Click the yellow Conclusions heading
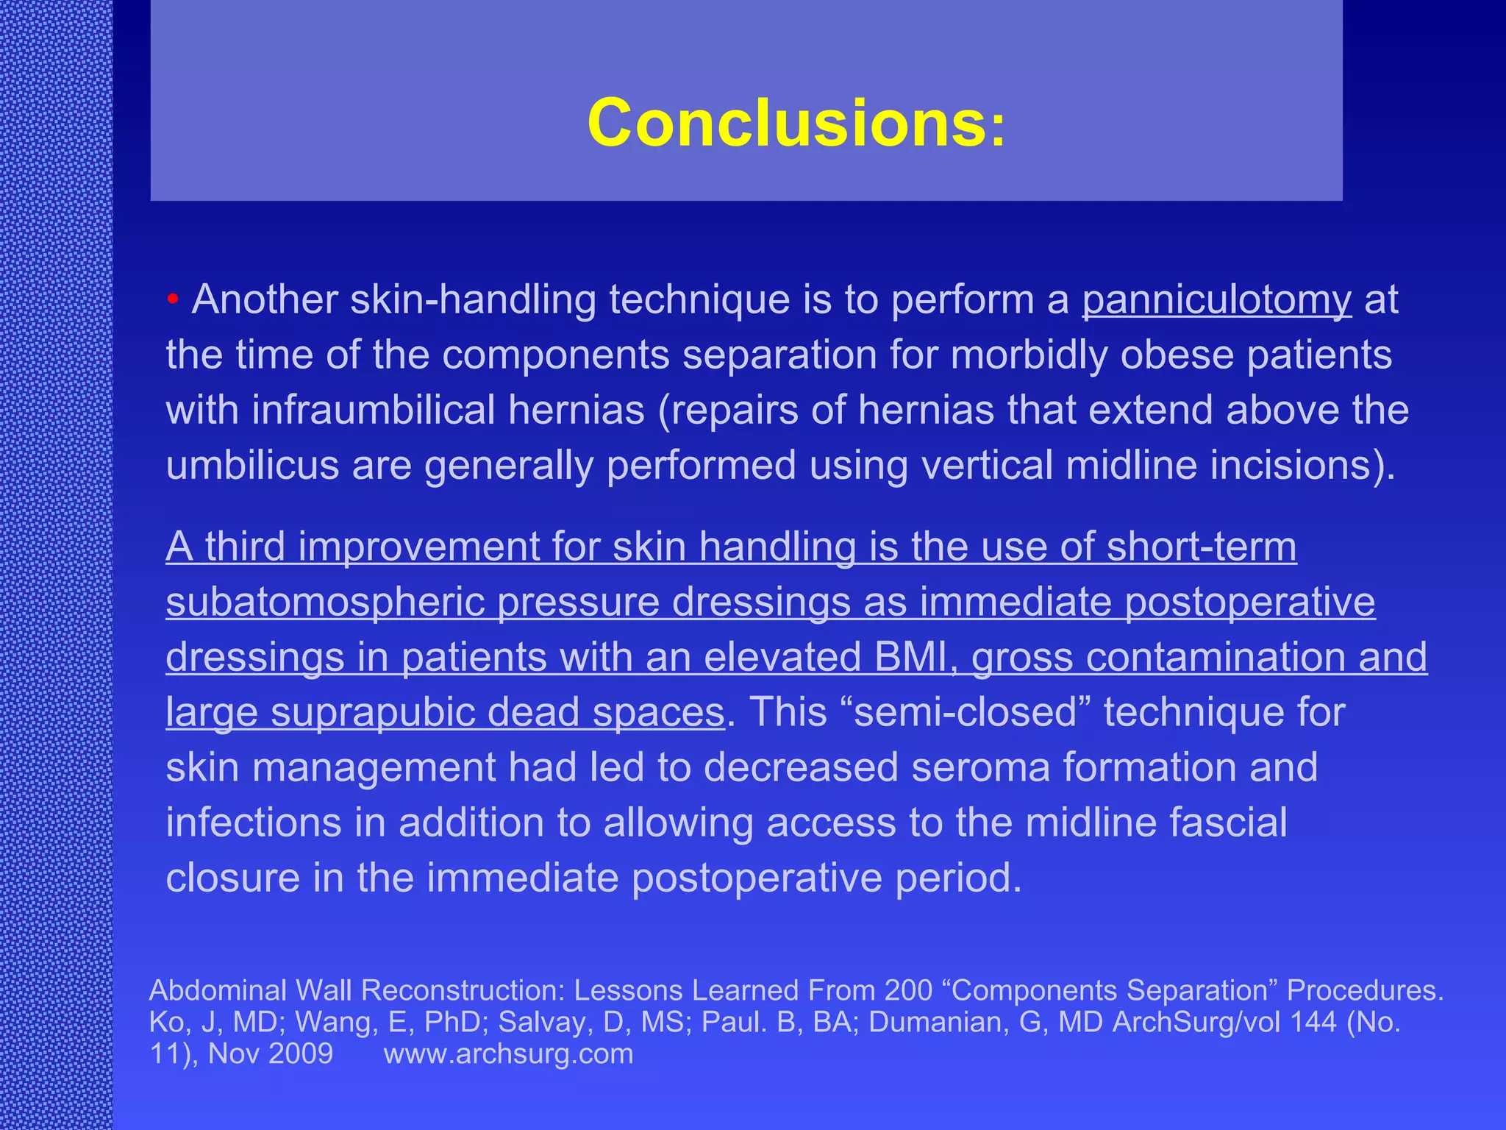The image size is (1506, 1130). coord(796,123)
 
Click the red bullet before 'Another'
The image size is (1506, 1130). coord(173,299)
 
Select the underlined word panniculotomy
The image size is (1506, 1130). coord(1216,301)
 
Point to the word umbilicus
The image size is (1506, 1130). coord(252,466)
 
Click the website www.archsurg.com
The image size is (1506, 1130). coord(508,1053)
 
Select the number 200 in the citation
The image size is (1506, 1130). coord(909,990)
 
